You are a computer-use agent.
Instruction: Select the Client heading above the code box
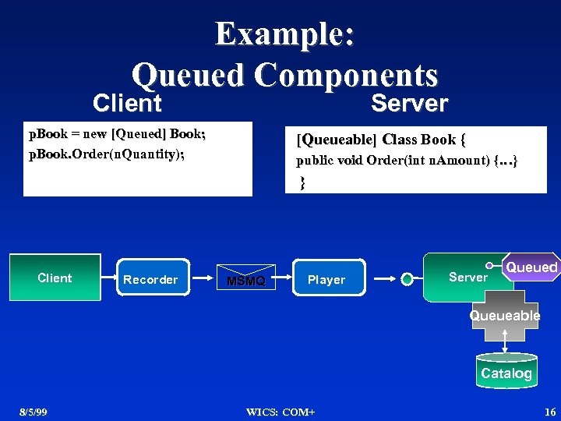click(127, 103)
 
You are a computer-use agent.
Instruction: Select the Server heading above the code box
click(409, 103)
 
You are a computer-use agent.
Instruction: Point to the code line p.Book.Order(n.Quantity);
click(107, 154)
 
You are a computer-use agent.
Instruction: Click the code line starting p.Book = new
click(117, 135)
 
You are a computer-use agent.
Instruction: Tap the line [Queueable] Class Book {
click(381, 140)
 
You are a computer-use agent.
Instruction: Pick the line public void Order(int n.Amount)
click(406, 161)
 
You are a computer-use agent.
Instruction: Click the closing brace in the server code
click(302, 182)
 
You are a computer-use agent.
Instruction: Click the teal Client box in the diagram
click(55, 278)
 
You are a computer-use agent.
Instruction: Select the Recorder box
click(150, 279)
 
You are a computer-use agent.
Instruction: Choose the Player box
click(326, 279)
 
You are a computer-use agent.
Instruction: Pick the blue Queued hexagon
click(532, 267)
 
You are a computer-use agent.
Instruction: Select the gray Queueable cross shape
click(504, 316)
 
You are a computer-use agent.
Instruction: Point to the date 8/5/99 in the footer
click(34, 412)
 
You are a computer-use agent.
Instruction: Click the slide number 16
click(550, 412)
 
